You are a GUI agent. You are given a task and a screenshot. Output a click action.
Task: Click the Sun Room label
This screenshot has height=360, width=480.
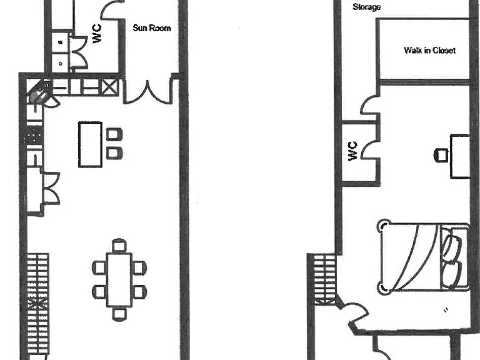pos(152,28)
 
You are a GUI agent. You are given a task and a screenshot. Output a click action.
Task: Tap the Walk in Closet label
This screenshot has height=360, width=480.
pos(430,50)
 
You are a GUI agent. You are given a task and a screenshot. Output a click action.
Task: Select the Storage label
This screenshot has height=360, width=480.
pos(367,7)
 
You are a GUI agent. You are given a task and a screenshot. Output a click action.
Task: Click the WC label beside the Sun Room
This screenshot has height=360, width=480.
pos(97,34)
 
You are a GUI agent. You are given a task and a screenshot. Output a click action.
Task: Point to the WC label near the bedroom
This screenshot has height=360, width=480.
pos(353,151)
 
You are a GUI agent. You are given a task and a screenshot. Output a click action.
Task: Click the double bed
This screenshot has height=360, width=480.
pos(423,257)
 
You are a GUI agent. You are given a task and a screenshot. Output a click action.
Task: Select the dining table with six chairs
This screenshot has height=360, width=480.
pos(119,279)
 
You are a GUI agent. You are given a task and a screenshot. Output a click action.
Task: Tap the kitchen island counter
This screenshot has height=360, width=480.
pos(90,144)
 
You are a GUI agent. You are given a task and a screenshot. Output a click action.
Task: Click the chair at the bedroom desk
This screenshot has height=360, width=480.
pos(441,155)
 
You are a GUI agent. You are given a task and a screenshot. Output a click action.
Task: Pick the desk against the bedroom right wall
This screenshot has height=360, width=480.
pos(460,156)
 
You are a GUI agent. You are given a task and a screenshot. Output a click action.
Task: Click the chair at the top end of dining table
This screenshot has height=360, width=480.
pos(119,246)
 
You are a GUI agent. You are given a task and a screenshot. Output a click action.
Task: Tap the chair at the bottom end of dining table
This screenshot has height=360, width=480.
pos(119,314)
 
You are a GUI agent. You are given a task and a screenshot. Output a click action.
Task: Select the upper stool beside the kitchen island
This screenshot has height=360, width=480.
pos(114,134)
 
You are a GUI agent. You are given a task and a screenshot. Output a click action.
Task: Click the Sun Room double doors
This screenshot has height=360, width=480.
pos(148,92)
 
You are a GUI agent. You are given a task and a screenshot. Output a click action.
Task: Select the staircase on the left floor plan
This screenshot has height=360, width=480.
pos(38,303)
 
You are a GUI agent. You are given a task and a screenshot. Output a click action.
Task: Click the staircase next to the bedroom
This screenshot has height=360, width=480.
pos(325,279)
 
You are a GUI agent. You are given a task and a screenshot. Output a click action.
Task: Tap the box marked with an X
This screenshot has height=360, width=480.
pos(109,87)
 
